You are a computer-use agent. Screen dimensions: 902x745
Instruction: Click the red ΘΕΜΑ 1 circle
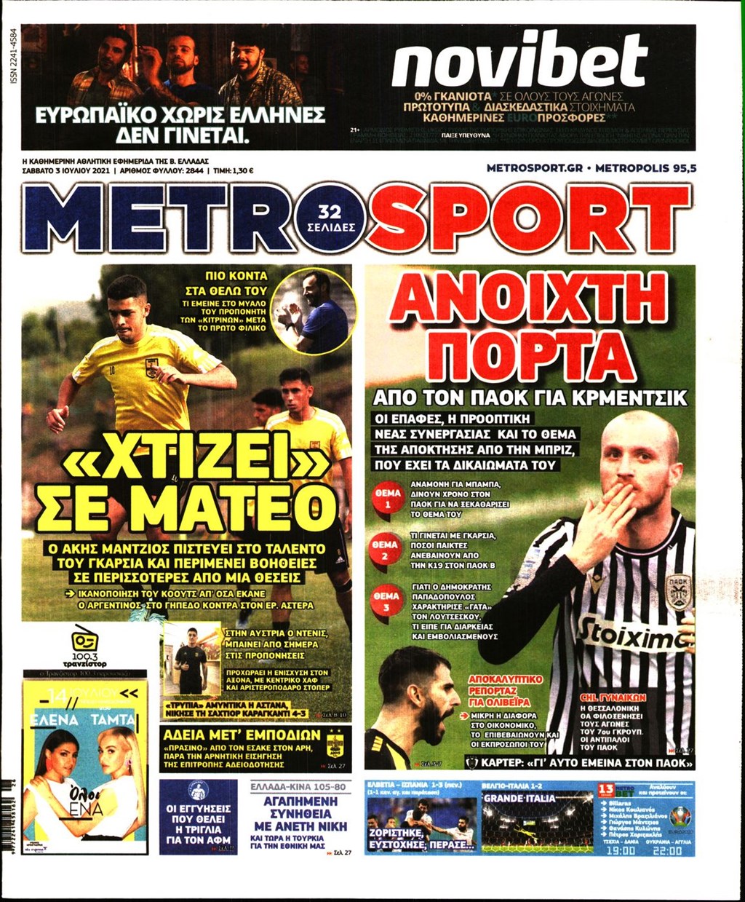point(387,499)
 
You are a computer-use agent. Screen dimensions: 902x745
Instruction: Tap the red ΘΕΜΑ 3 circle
point(386,601)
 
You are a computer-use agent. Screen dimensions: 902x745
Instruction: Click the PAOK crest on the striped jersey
point(678,591)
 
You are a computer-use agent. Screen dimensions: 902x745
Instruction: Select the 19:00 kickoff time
point(620,850)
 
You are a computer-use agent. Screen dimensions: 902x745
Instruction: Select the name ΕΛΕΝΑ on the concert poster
point(55,719)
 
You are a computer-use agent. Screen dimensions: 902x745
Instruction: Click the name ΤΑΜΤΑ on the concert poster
point(113,719)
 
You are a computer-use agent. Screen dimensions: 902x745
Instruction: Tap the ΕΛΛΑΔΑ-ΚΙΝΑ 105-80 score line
point(299,788)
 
